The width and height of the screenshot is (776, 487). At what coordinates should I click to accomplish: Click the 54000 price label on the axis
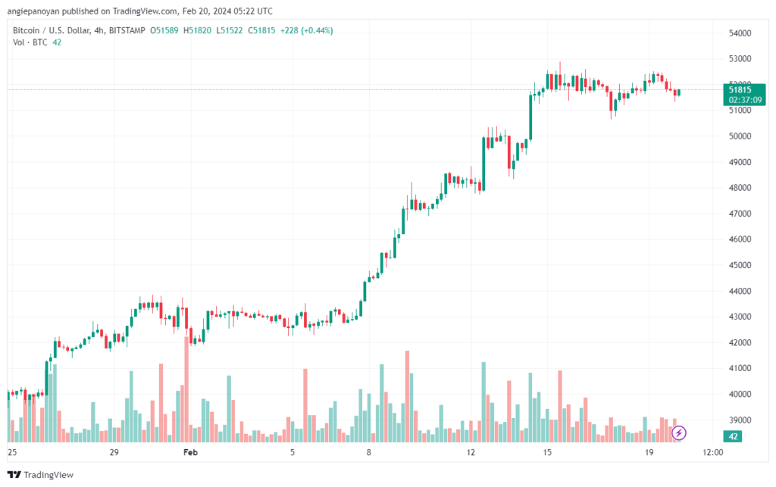coord(739,33)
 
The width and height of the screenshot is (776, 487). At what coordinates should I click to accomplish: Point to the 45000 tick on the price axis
coord(739,265)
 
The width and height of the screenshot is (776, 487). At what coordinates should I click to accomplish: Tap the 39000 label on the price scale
coord(739,420)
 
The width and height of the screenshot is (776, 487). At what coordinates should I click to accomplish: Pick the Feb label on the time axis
coord(190,452)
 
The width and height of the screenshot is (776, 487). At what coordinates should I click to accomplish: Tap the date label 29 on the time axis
coord(114,452)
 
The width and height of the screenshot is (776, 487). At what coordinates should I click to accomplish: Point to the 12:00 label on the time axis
coord(712,452)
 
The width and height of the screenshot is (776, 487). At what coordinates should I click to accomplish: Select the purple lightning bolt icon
coord(680,432)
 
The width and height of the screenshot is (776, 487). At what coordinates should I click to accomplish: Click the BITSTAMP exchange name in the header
coord(125,30)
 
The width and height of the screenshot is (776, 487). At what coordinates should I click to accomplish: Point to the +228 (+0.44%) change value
coord(306,30)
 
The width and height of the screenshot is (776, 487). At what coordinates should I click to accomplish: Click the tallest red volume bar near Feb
coord(186,386)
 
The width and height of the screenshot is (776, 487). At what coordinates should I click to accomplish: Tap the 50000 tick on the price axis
coord(739,136)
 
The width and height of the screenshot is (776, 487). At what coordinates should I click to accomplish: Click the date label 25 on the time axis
coord(11,452)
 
